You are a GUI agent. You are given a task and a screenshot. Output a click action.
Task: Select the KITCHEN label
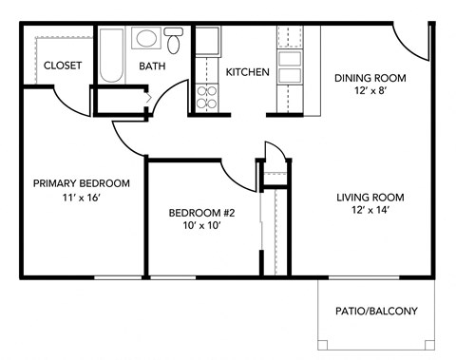(247, 72)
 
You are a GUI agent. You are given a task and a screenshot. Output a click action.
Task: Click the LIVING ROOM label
(370, 198)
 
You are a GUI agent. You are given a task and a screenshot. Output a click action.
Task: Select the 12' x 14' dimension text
(370, 213)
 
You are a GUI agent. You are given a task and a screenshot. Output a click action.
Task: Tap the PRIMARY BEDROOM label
(81, 183)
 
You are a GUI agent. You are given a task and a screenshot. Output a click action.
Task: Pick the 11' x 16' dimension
(81, 199)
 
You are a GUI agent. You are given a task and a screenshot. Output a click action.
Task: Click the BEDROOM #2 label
(201, 212)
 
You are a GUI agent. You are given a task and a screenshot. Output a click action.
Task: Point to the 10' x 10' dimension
(201, 227)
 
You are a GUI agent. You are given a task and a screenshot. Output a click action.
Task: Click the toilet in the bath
(174, 41)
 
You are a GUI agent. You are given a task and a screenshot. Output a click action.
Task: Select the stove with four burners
(206, 96)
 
